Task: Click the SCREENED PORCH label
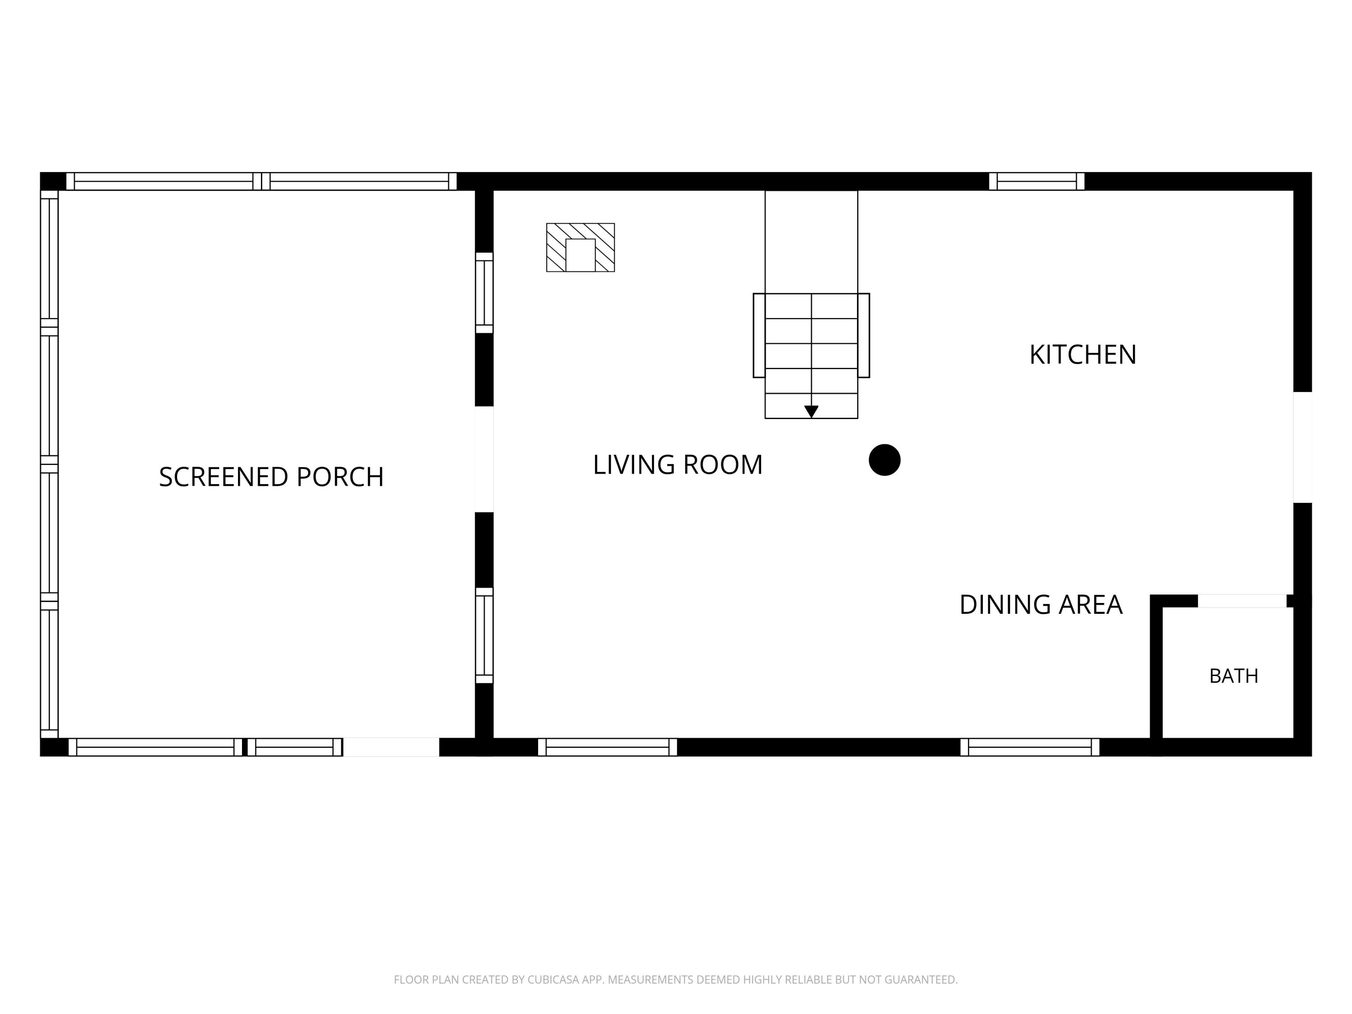(271, 477)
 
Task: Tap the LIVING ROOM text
(678, 465)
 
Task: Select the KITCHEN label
(1083, 355)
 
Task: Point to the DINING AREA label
(1041, 604)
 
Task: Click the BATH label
(1233, 676)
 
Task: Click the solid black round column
(884, 460)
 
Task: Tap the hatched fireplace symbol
(580, 247)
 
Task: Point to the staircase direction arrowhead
(811, 412)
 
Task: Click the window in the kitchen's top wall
(1037, 182)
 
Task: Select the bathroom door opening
(1242, 601)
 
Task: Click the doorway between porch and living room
(484, 459)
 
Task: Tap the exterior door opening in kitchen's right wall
(1302, 448)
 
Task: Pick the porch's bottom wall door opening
(391, 747)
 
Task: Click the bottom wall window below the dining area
(1030, 747)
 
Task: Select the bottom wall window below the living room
(607, 747)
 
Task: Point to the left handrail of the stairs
(759, 336)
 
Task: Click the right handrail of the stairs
(863, 336)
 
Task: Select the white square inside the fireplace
(580, 256)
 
